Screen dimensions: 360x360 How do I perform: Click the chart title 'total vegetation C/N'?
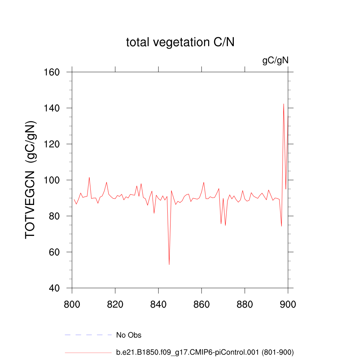(x=180, y=43)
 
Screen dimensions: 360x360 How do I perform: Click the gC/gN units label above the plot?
(x=275, y=60)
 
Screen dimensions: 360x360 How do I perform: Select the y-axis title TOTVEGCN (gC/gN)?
(x=31, y=180)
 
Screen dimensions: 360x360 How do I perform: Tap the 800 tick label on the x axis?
(x=72, y=304)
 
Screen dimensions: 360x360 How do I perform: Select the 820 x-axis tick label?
(x=115, y=304)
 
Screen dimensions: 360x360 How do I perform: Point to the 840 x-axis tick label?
(x=159, y=304)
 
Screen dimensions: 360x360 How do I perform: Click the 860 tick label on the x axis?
(x=202, y=304)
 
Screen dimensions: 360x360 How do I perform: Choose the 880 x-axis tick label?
(x=245, y=304)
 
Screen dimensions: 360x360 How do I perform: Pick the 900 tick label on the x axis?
(x=288, y=304)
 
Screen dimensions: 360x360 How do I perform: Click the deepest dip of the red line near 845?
(x=169, y=264)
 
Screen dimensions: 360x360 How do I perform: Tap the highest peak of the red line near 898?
(x=284, y=104)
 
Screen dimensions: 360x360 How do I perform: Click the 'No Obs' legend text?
(x=129, y=335)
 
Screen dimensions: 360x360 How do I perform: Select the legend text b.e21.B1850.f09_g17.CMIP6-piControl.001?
(x=205, y=352)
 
